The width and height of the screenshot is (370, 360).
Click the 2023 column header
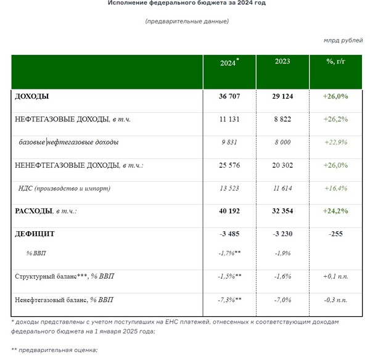tap(282, 62)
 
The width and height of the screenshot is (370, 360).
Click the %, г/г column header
tap(335, 62)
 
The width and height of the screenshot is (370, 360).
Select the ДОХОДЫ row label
tap(32, 96)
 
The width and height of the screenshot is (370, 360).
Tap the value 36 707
tap(229, 96)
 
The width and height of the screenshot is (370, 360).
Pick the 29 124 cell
tap(282, 96)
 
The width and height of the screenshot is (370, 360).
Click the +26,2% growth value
tap(335, 120)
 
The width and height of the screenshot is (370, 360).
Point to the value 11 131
tap(229, 120)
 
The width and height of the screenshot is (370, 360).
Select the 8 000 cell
tap(282, 142)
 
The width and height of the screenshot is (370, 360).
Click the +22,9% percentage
tap(335, 142)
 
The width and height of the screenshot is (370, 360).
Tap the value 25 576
tap(229, 165)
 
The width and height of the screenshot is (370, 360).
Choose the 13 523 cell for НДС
tap(229, 188)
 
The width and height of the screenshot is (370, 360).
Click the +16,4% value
tap(335, 188)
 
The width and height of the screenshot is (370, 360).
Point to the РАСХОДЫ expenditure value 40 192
tap(229, 211)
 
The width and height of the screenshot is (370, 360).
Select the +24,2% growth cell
tap(335, 211)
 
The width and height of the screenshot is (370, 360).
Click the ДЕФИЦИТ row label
tap(35, 234)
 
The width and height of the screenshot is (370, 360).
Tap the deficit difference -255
tap(335, 234)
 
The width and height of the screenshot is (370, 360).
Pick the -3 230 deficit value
tap(282, 234)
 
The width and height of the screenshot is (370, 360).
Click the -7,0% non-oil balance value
tap(282, 300)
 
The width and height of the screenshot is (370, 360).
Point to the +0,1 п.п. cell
tap(335, 276)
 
